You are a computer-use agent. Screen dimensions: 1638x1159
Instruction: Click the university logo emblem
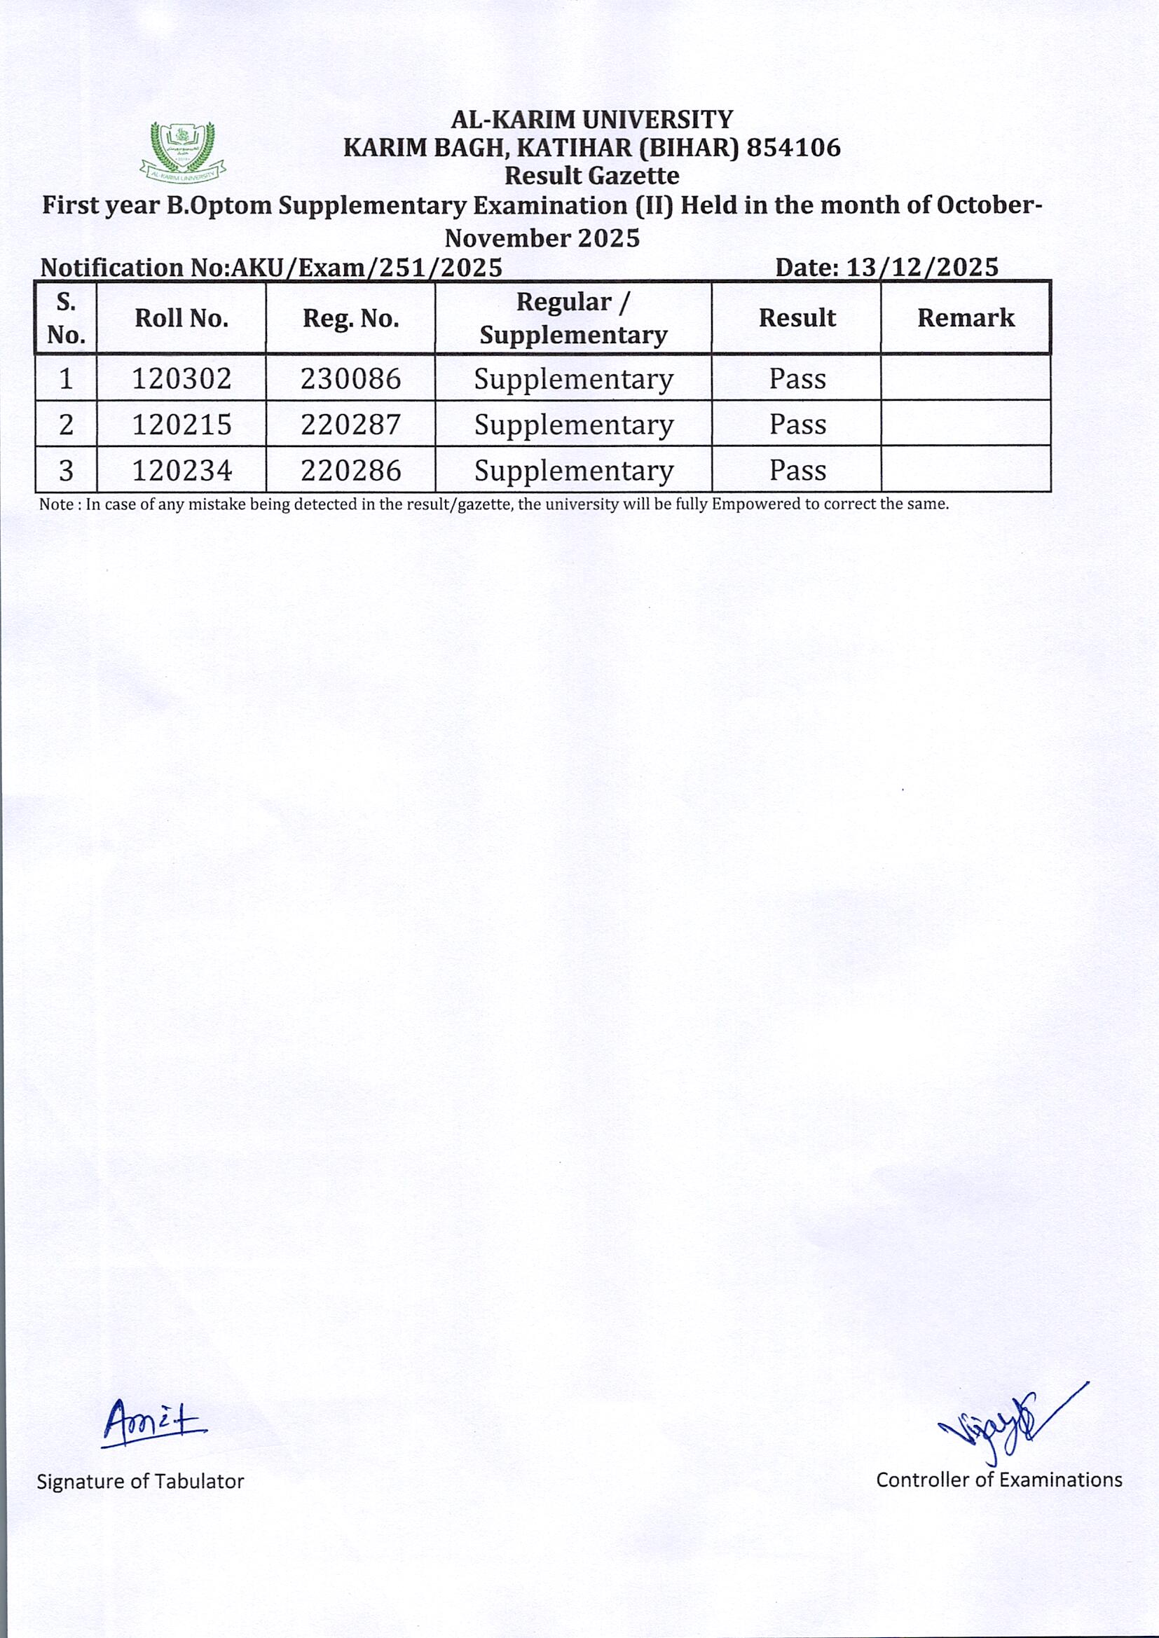pos(183,151)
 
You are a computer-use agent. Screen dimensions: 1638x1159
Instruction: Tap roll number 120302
pos(182,379)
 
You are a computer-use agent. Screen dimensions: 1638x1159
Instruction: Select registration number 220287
pos(350,425)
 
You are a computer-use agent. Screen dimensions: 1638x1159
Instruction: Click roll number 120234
pos(182,471)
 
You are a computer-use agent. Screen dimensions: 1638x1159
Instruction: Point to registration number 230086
pos(350,379)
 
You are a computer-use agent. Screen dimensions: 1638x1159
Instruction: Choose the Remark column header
pos(965,318)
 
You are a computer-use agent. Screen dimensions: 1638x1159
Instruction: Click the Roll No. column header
pos(181,318)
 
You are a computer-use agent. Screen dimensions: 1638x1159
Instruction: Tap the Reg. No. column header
pos(350,318)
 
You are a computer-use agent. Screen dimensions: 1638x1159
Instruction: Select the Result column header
pos(797,318)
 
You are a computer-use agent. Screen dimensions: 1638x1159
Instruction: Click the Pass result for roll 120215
pos(797,425)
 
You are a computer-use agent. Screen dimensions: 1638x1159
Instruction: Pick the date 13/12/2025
pos(921,268)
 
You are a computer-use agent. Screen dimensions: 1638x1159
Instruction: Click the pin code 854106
pos(794,148)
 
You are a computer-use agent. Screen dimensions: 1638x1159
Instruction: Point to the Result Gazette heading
pos(591,175)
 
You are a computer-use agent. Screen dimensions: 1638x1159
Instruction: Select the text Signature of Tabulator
pos(140,1482)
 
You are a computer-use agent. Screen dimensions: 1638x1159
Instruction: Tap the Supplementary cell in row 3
pos(573,471)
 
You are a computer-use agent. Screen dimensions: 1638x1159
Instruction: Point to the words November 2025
pos(542,238)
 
